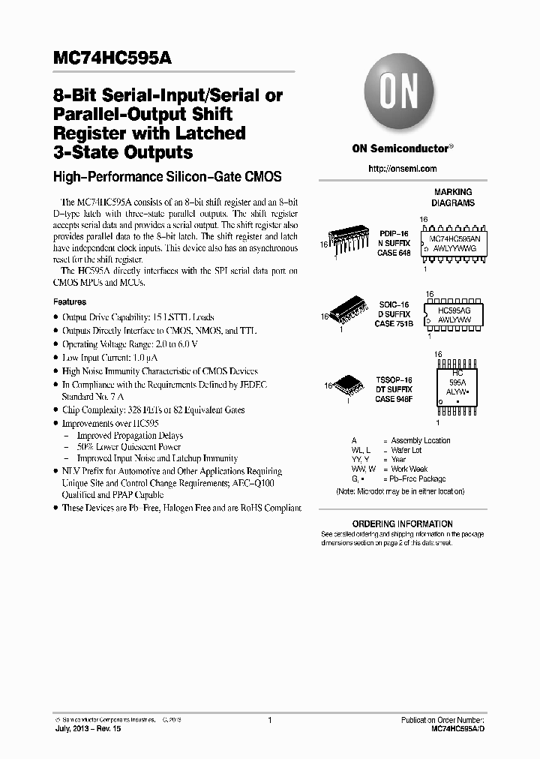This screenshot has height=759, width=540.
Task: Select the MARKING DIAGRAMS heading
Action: (452, 197)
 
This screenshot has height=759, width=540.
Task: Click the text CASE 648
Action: (394, 253)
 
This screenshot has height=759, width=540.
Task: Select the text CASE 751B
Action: (394, 324)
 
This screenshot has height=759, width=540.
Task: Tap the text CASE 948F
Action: (394, 399)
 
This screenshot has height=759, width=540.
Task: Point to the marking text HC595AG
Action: (454, 308)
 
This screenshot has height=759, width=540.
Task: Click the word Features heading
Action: (70, 301)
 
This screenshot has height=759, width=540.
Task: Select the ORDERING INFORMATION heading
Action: (402, 524)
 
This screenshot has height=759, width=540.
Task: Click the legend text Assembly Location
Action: (421, 440)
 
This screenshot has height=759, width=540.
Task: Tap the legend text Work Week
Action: (409, 469)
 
